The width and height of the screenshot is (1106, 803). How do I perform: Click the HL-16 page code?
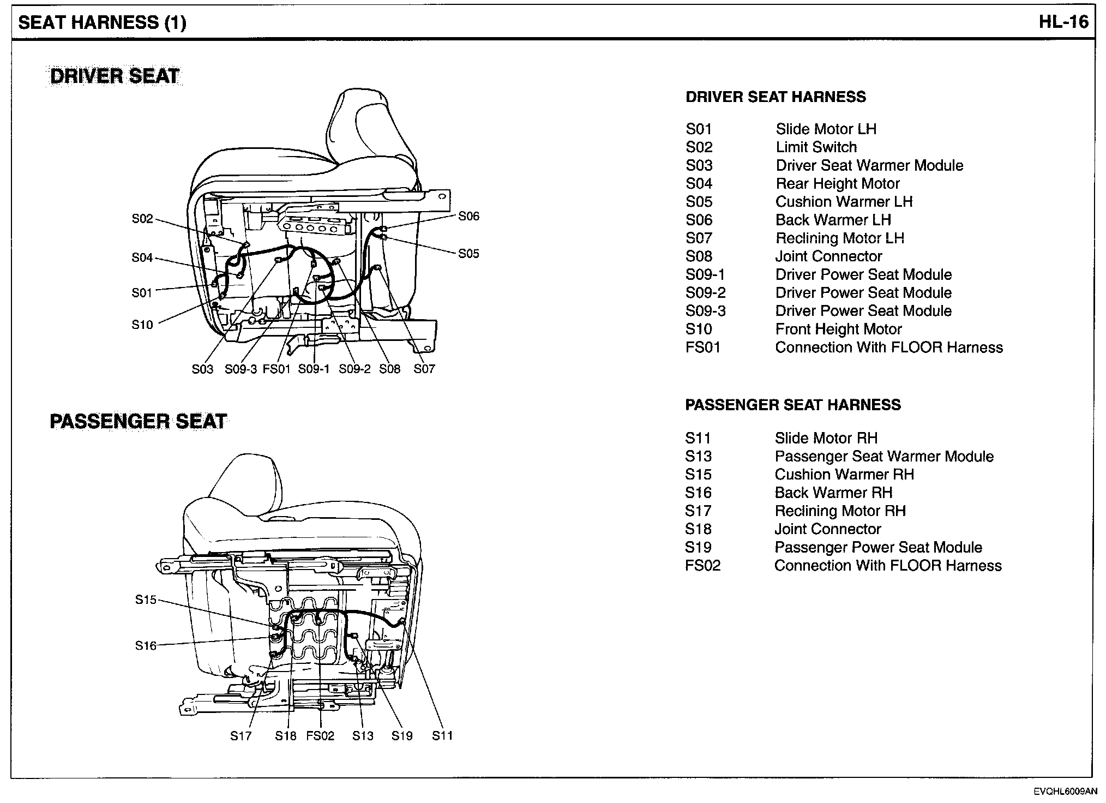point(1063,22)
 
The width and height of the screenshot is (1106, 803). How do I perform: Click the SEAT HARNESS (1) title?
point(102,22)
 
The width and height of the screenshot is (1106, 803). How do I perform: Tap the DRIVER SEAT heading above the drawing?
point(115,76)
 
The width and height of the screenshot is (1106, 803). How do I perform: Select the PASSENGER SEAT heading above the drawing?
point(138,421)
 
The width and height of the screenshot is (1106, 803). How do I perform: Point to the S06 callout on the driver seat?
point(468,217)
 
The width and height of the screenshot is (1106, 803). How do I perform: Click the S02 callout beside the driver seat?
point(142,219)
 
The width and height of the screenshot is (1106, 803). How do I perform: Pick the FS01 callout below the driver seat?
point(276,369)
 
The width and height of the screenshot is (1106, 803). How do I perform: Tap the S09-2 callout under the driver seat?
point(354,369)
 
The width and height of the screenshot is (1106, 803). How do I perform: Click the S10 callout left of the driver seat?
point(142,325)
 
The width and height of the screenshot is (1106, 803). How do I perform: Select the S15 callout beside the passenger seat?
point(146,600)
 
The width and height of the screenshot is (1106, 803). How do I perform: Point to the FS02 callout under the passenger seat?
point(320,736)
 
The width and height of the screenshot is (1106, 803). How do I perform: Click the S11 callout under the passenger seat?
point(442,736)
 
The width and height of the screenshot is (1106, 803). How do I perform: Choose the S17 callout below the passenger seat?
point(241,736)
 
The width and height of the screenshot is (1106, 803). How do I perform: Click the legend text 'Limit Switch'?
point(816,147)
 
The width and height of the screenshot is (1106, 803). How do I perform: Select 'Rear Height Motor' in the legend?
point(837,184)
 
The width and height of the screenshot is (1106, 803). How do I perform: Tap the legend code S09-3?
point(705,311)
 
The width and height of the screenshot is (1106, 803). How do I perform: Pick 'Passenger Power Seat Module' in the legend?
point(878,547)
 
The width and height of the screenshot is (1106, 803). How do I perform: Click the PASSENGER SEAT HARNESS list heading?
point(793,405)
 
